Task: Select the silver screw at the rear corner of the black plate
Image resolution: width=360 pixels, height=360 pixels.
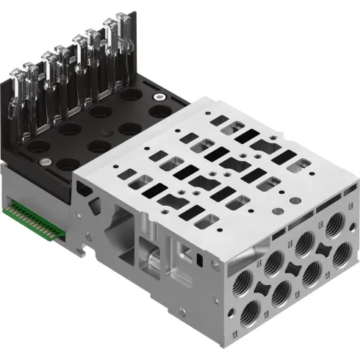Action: coord(156,95)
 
